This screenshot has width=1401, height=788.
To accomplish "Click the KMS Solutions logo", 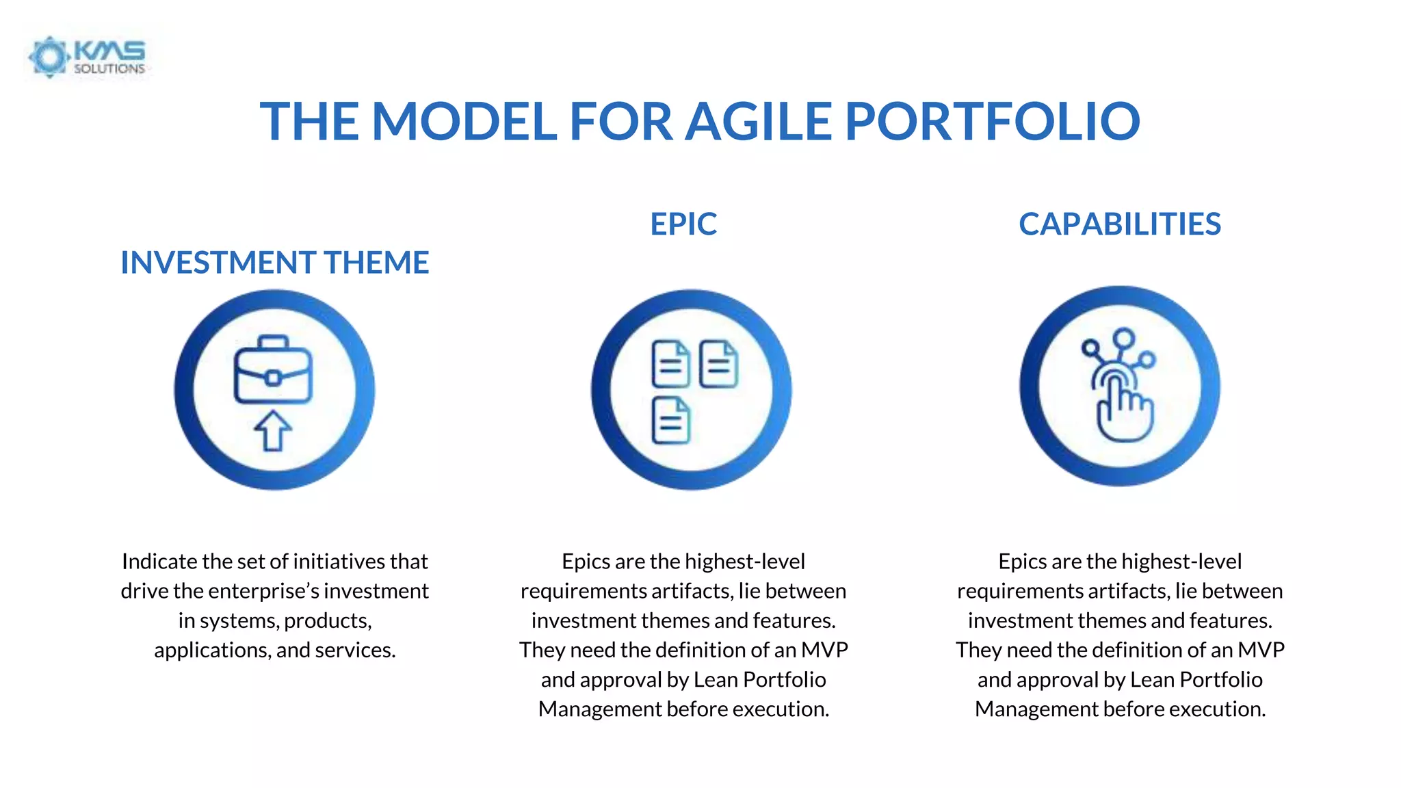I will (x=87, y=56).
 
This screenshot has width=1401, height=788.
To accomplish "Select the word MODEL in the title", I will (x=464, y=122).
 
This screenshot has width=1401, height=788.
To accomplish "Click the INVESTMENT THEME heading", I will (x=274, y=263).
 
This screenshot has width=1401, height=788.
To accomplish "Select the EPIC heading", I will (x=683, y=224).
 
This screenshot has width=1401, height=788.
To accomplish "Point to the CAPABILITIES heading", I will (x=1119, y=224).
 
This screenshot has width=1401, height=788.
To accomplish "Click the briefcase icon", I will (x=273, y=370).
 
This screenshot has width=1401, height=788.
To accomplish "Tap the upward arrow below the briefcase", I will (x=273, y=431).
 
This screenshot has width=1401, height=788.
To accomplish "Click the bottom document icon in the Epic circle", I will (x=670, y=421).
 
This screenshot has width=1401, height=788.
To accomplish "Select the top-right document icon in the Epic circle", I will (x=718, y=364).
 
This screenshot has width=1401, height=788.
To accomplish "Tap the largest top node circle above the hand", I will (x=1123, y=338).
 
